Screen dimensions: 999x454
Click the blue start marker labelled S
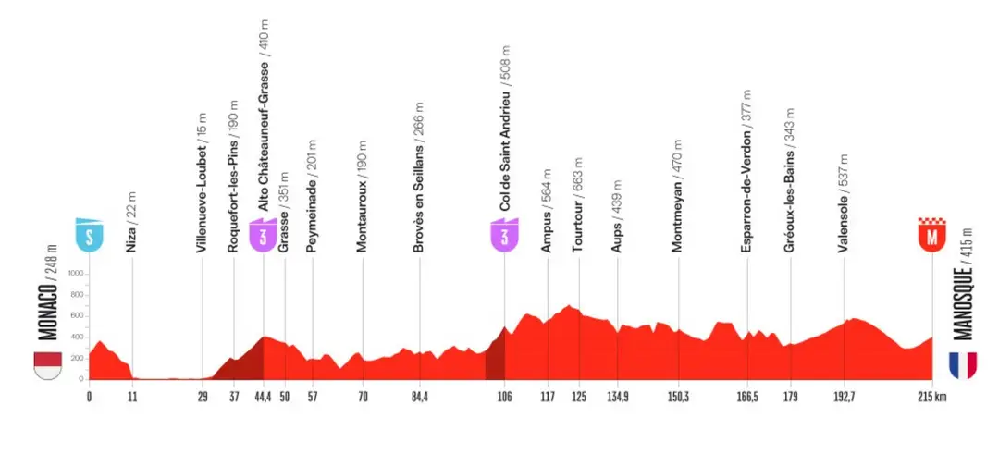click(89, 234)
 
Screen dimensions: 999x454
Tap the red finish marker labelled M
click(931, 234)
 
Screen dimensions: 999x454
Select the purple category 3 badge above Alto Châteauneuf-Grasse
click(263, 234)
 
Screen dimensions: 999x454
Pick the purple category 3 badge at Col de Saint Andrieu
click(504, 234)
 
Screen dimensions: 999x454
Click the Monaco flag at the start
click(47, 365)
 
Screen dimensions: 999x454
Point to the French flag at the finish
click(963, 365)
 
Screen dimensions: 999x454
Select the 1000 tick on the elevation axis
click(77, 273)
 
